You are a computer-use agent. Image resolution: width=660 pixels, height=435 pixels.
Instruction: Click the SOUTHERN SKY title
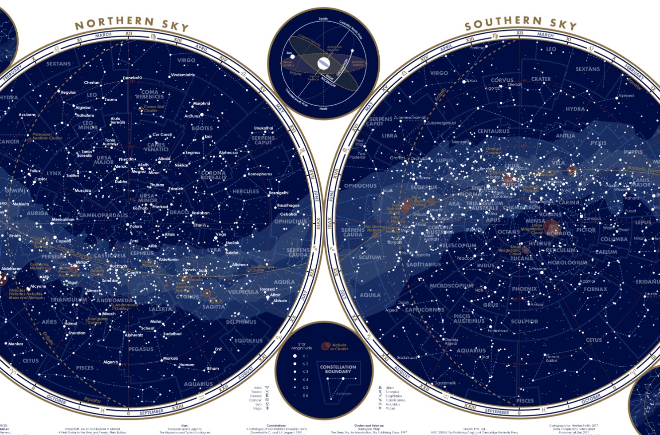pos(520,24)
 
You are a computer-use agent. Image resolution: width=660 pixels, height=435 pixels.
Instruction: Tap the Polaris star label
pos(136,226)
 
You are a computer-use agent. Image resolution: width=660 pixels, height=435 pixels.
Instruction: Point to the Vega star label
pos(220,234)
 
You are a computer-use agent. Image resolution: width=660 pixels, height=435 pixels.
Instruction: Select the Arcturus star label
pos(192,116)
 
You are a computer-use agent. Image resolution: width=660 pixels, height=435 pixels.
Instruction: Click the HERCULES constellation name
pos(246,191)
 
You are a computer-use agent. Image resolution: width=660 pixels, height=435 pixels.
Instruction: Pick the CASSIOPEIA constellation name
pos(110,256)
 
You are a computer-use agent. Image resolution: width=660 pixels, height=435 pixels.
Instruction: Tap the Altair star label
pos(275,295)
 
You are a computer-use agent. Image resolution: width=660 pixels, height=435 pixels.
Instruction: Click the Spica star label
pos(471,81)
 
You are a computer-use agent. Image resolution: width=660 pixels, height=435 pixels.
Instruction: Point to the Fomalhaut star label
pos(498,331)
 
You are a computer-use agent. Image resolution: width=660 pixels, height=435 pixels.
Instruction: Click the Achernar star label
pos(537,269)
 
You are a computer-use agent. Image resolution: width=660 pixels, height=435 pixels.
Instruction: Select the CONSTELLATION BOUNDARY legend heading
pos(338,369)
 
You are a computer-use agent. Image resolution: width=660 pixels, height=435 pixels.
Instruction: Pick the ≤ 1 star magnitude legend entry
pos(305,356)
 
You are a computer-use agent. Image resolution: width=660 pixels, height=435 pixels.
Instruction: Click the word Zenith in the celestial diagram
pos(323,19)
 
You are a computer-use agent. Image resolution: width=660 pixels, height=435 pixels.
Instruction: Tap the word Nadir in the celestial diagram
pos(323,109)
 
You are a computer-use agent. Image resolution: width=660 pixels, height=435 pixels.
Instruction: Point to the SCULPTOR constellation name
pos(524,321)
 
